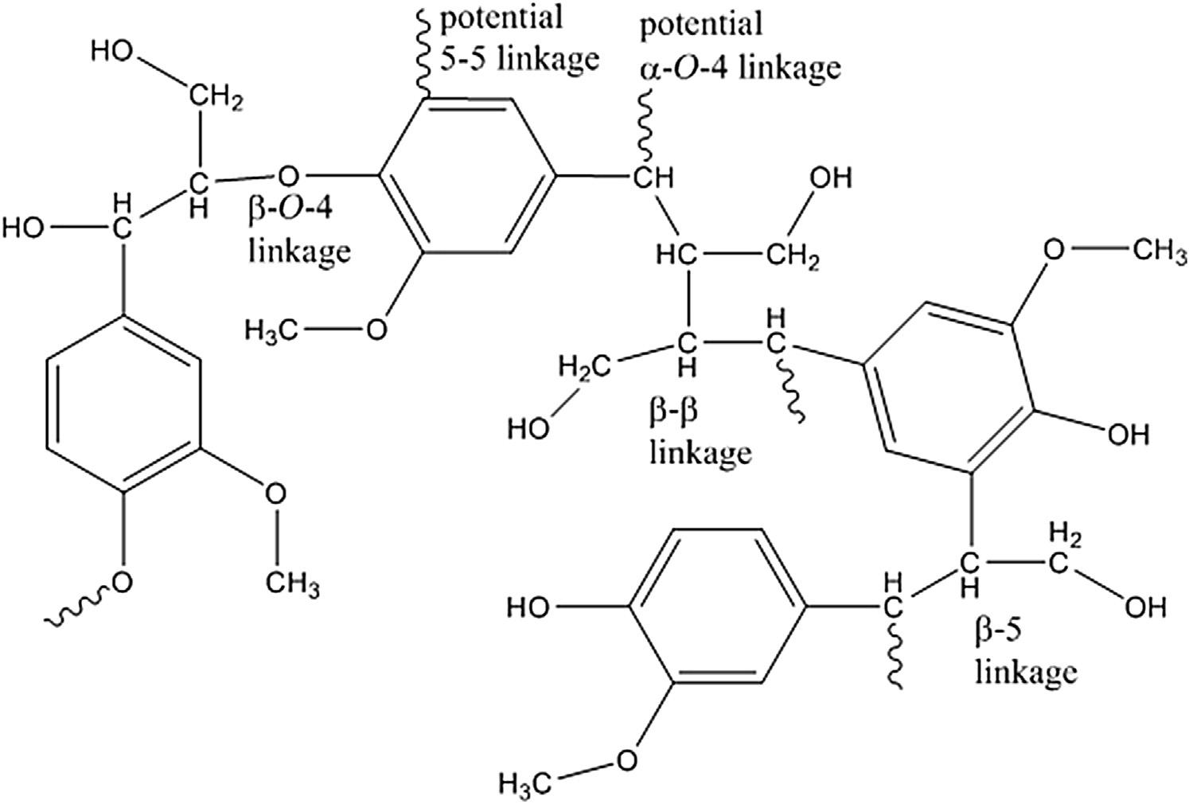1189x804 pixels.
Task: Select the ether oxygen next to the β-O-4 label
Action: click(x=288, y=173)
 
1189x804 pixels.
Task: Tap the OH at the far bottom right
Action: click(x=1145, y=607)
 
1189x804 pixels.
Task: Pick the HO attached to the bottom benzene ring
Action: click(x=530, y=608)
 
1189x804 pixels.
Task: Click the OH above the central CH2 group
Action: click(x=830, y=178)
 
